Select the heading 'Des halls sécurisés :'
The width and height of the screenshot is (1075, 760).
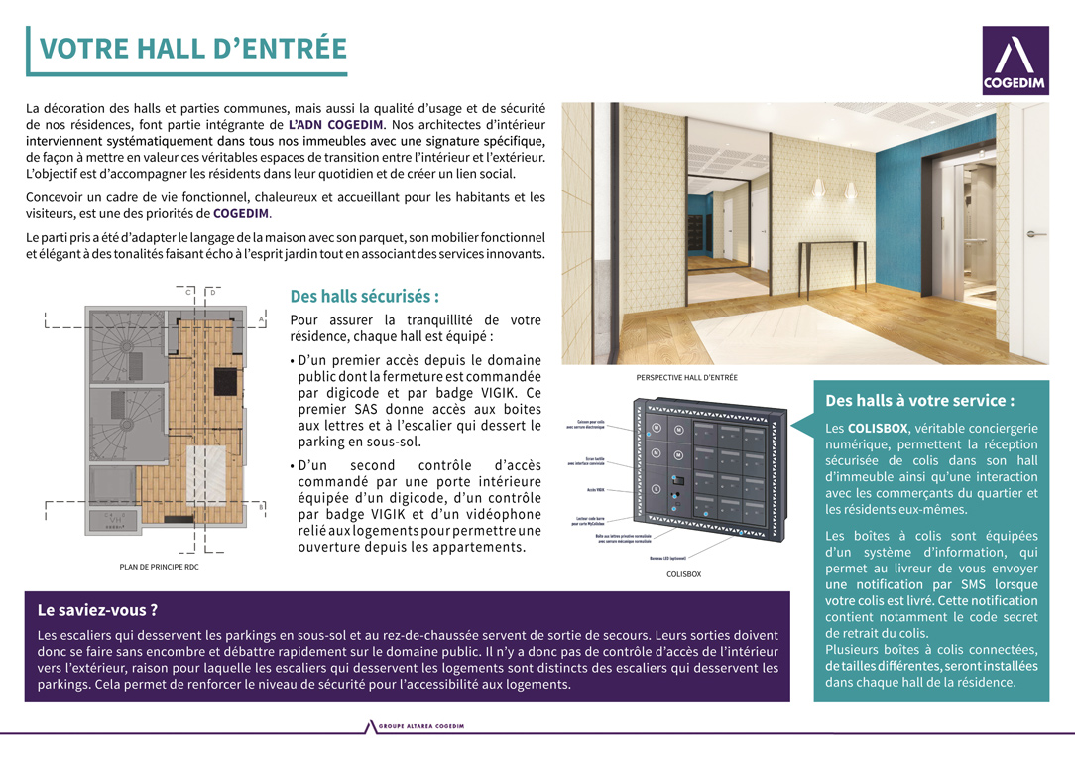[x=364, y=297]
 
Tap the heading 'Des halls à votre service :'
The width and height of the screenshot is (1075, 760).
[x=920, y=401]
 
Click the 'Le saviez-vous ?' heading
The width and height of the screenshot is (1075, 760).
[x=97, y=610]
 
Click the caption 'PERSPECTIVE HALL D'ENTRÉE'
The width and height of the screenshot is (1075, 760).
[x=686, y=378]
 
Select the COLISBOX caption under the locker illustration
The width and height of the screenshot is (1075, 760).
[x=683, y=574]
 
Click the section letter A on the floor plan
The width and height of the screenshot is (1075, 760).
[x=261, y=319]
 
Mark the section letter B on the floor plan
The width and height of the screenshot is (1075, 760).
[x=261, y=507]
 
